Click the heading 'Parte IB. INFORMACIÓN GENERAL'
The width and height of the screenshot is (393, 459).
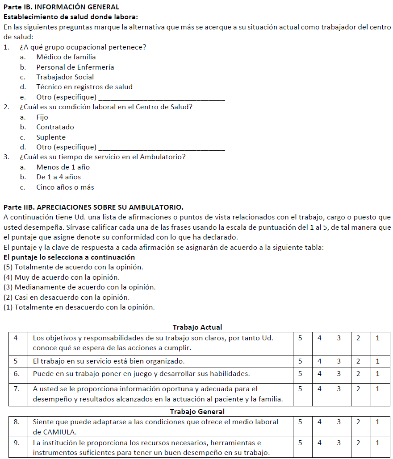(61, 7)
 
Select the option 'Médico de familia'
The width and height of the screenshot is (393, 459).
(66, 57)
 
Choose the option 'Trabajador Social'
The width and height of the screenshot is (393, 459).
(65, 77)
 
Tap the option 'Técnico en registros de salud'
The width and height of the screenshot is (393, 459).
(84, 87)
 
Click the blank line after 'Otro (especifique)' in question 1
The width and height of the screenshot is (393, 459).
(161, 98)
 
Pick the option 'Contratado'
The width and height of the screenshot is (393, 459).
(55, 127)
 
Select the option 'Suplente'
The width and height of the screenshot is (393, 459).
(51, 137)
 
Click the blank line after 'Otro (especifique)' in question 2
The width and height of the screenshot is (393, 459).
(161, 148)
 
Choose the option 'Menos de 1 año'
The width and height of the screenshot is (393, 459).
(63, 167)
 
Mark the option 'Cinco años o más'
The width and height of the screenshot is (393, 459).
(65, 187)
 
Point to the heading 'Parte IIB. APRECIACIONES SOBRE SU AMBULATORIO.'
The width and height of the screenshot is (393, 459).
(93, 207)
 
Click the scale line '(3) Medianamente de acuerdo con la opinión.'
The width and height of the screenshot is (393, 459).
(79, 287)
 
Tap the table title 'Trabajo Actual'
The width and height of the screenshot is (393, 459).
(197, 327)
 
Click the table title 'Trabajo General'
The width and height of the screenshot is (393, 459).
(197, 411)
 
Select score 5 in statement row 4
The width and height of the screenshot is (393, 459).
(300, 338)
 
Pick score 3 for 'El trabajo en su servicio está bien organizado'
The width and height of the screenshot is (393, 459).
(339, 361)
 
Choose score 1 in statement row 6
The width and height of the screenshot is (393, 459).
(377, 373)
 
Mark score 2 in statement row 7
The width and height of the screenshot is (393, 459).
(358, 389)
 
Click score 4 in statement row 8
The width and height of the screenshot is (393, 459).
(320, 422)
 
